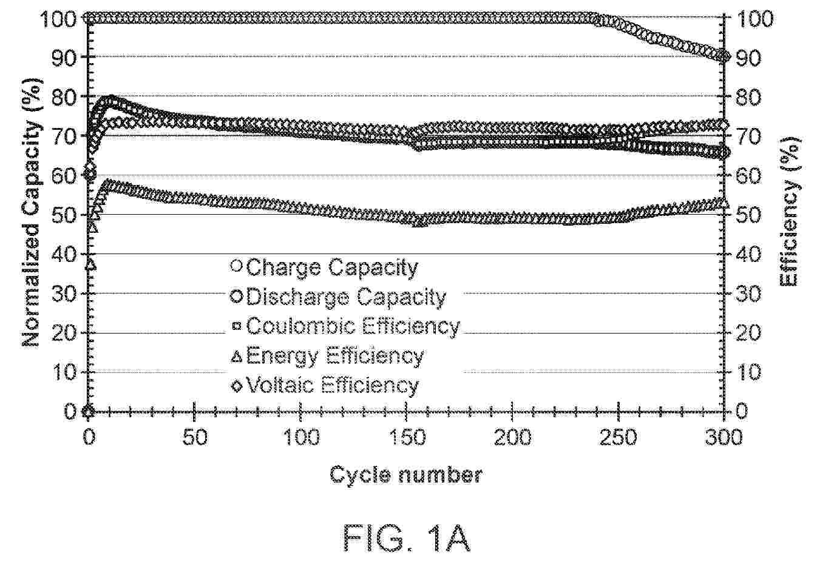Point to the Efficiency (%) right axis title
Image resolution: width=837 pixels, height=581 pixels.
pos(789,212)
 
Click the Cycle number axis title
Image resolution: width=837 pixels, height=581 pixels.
pos(406,474)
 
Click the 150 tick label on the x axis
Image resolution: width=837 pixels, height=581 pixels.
pos(407,437)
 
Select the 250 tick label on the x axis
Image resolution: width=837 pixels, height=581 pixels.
pos(618,437)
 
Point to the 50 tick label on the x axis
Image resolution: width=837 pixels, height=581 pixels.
pos(195,437)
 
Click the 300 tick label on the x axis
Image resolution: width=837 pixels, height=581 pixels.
pos(724,437)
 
